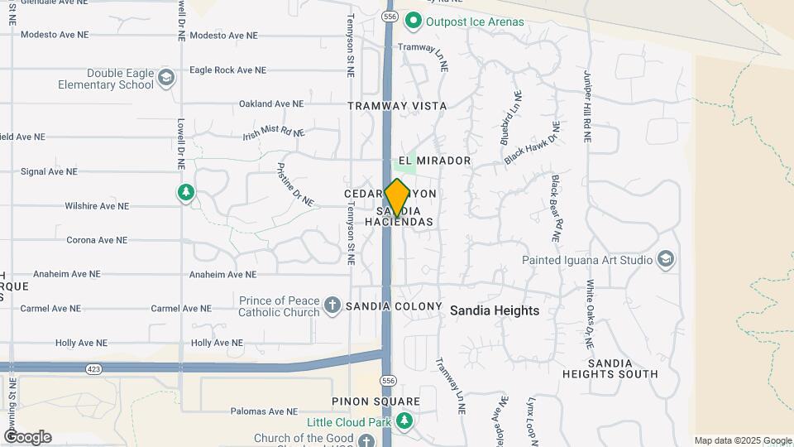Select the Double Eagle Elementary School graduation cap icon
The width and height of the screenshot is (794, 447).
[x=166, y=79]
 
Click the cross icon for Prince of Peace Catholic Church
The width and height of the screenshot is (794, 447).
[x=332, y=306]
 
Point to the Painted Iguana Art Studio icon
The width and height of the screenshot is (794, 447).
[x=666, y=259]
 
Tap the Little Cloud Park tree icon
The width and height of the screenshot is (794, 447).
[x=404, y=421]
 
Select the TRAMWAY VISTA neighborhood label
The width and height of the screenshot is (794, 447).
[x=397, y=106]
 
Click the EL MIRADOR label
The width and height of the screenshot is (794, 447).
[x=434, y=161]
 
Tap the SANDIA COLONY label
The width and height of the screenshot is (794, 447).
[x=394, y=306]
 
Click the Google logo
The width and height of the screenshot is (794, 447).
[x=26, y=436]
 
